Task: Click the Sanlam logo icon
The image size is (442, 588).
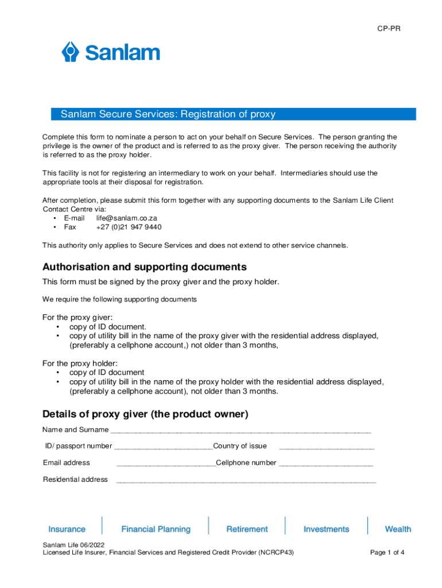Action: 70,52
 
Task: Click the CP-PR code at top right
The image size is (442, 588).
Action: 389,28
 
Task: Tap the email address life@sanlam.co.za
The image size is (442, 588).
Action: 126,218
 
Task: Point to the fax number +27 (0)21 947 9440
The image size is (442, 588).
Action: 129,227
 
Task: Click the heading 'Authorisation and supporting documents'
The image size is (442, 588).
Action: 145,267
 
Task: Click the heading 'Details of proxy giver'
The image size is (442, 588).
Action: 145,415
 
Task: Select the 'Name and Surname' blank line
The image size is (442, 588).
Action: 241,431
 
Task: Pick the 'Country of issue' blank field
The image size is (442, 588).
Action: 327,447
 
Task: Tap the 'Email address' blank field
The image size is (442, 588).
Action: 166,463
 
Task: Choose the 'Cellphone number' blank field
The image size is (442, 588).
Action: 326,463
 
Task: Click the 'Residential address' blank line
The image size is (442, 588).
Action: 246,480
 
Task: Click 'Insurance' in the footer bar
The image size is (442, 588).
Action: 67,529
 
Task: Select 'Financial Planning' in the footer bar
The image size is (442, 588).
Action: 156,529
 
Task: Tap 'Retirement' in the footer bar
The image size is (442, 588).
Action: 247,529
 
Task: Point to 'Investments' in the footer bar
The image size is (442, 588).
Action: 326,529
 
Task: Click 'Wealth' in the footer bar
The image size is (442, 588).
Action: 398,529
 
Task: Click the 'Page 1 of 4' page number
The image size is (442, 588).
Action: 387,552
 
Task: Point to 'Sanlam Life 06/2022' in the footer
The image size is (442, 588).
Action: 73,544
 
